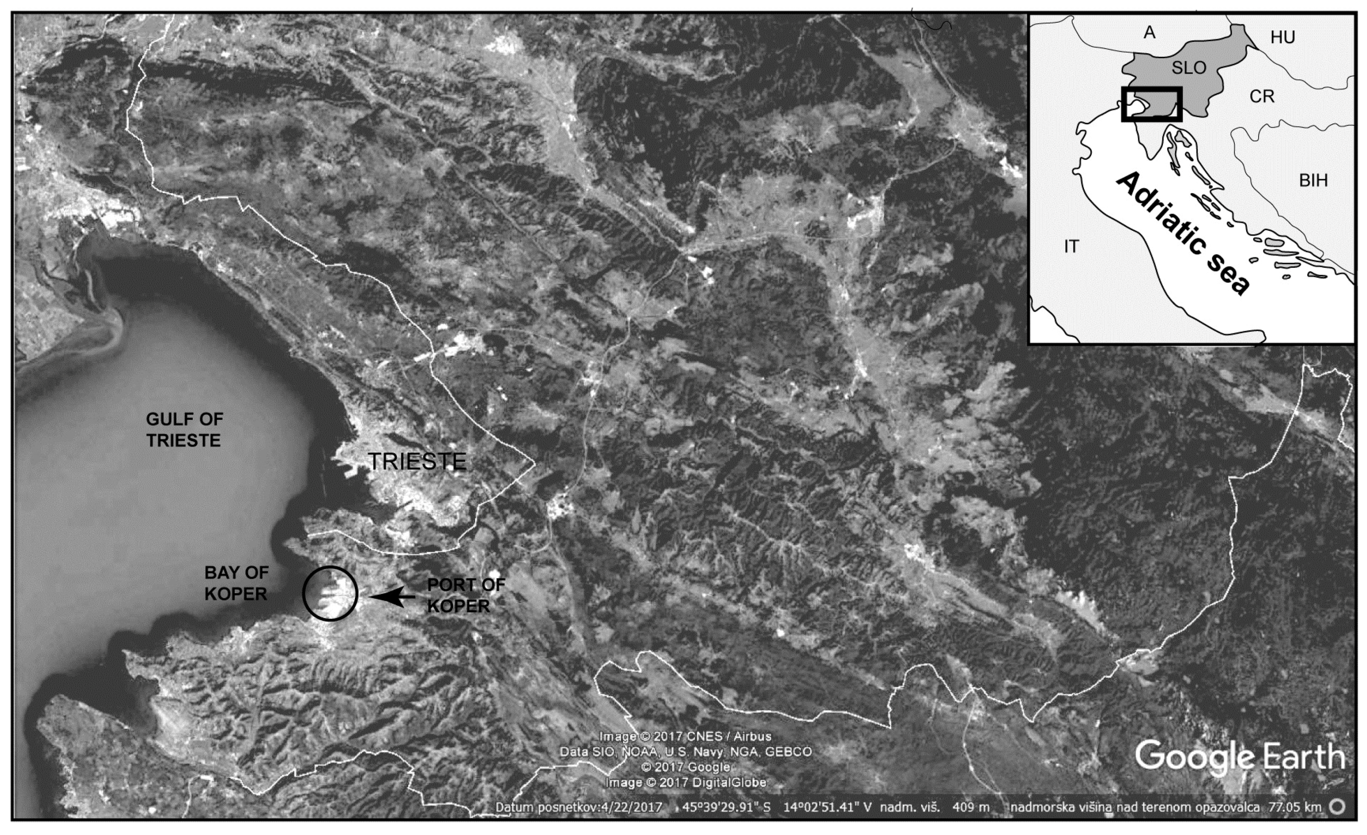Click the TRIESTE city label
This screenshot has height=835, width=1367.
click(x=417, y=461)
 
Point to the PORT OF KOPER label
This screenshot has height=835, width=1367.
click(x=466, y=595)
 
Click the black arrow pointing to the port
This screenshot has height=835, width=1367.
click(x=393, y=597)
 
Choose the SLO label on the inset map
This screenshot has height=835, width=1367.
click(x=1189, y=68)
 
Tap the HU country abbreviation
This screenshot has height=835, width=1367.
click(x=1282, y=38)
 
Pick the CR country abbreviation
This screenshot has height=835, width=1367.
click(x=1262, y=97)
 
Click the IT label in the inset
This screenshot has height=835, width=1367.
click(x=1071, y=246)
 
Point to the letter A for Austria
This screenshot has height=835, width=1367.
click(x=1149, y=33)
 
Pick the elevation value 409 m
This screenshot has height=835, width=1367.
click(x=971, y=807)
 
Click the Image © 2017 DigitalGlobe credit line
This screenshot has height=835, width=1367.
click(x=686, y=783)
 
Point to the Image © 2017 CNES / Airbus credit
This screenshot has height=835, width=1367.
click(x=686, y=736)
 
